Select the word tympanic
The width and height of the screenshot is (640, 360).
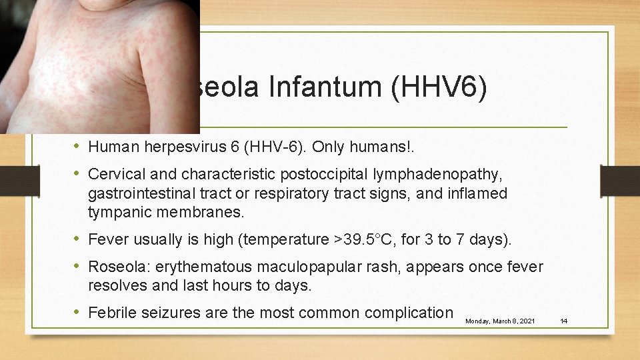click(x=117, y=213)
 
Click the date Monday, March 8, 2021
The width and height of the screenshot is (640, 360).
click(x=499, y=321)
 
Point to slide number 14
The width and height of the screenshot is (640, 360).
click(x=563, y=321)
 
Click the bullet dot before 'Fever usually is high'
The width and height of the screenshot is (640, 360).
click(x=78, y=239)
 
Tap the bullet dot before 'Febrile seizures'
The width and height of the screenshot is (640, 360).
click(x=78, y=312)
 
